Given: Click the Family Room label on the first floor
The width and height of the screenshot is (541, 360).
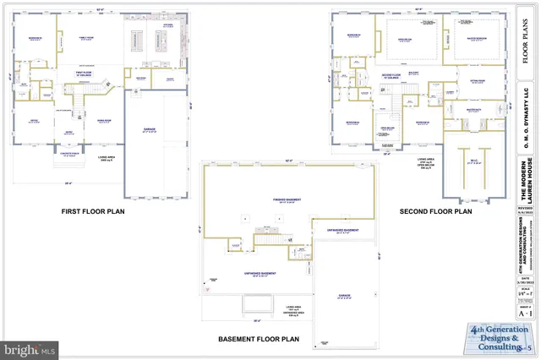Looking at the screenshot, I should (x=87, y=39).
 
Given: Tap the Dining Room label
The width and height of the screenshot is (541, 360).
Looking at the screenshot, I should (x=104, y=120).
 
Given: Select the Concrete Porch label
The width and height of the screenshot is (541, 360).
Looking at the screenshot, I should (x=70, y=154).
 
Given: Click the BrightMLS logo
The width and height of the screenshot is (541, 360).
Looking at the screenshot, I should (x=30, y=346).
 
